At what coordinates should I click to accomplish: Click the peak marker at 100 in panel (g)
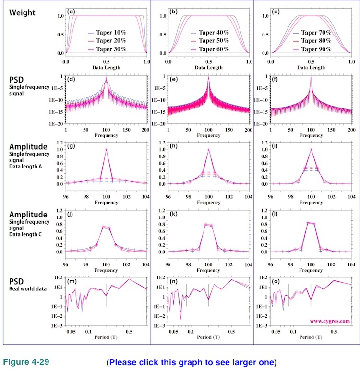coord(106,149)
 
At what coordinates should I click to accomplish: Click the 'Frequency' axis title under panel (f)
coord(311,137)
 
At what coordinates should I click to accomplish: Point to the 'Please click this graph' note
coord(192,361)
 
